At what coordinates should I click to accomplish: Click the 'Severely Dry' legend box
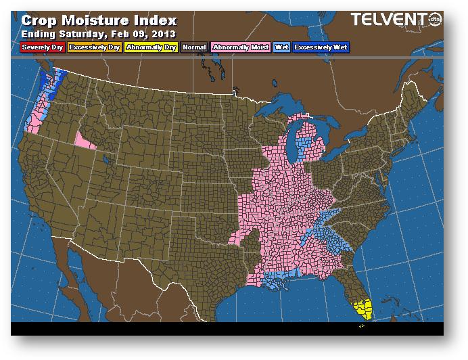coord(42,47)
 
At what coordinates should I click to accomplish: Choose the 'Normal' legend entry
coord(194,47)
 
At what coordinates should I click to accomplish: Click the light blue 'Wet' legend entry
coord(281,47)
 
